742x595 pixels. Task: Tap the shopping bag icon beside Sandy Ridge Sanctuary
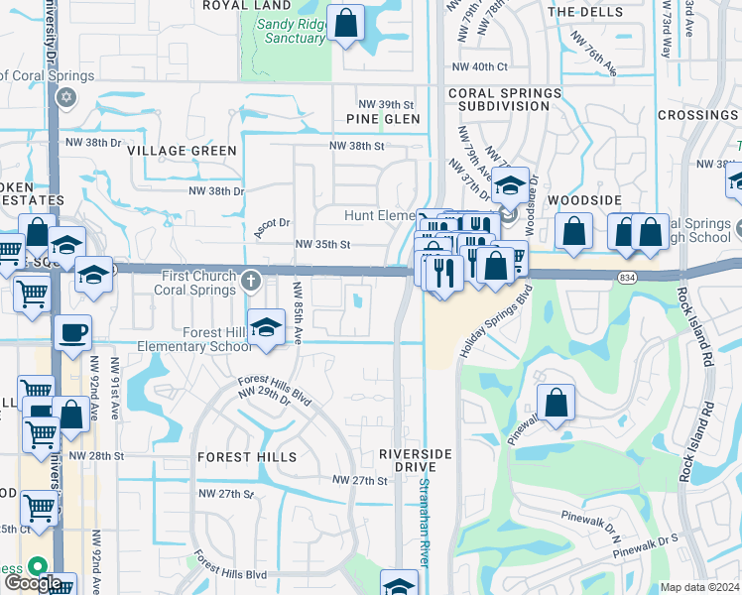click(x=347, y=24)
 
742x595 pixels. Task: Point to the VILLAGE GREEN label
click(x=182, y=151)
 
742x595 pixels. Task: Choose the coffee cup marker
click(x=73, y=333)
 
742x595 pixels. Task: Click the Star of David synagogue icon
click(x=66, y=97)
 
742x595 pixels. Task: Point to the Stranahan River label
click(x=425, y=522)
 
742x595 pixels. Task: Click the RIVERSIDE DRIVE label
click(x=415, y=460)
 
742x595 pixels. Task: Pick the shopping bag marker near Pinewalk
click(x=556, y=403)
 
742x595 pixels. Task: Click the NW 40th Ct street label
click(x=480, y=66)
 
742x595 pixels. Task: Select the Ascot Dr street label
click(x=272, y=224)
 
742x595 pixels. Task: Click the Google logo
click(x=33, y=584)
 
